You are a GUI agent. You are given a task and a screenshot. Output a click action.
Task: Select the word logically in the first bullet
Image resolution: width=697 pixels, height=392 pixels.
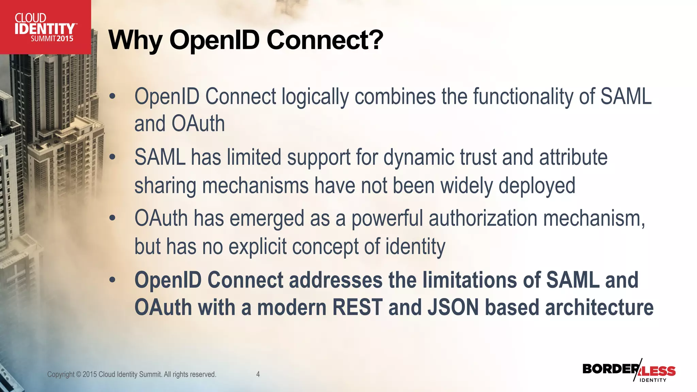coord(315,97)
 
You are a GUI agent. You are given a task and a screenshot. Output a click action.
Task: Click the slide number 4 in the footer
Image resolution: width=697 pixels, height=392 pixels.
coord(258,374)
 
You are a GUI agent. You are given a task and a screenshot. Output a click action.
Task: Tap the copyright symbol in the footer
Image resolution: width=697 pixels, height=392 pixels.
coord(79,375)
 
